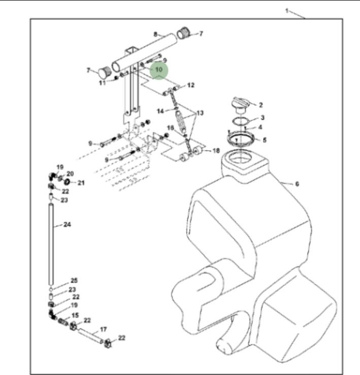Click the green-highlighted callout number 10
pyautogui.click(x=159, y=70)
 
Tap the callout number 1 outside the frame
pyautogui.click(x=287, y=11)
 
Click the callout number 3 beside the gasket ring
pyautogui.click(x=263, y=117)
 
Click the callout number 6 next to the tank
pyautogui.click(x=297, y=184)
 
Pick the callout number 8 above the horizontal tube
pyautogui.click(x=155, y=34)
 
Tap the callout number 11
pyautogui.click(x=103, y=83)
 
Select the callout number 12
pyautogui.click(x=191, y=85)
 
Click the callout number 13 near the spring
pyautogui.click(x=200, y=113)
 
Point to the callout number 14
pyautogui.click(x=160, y=111)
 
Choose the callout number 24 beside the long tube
pyautogui.click(x=67, y=225)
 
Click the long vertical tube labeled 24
pyautogui.click(x=51, y=244)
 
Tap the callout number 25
pyautogui.click(x=74, y=281)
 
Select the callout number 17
pyautogui.click(x=103, y=329)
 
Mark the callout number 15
pyautogui.click(x=75, y=316)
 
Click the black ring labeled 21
pyautogui.click(x=67, y=182)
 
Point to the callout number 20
pyautogui.click(x=70, y=174)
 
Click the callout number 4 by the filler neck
pyautogui.click(x=260, y=127)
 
